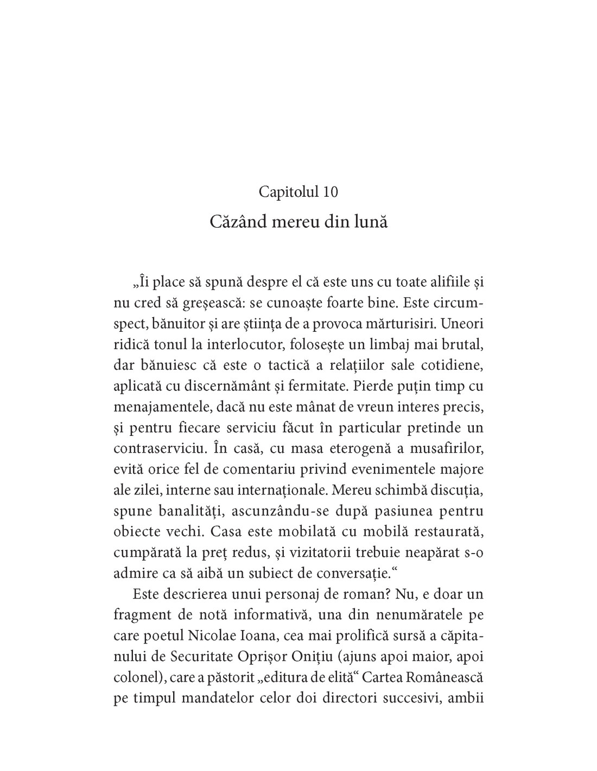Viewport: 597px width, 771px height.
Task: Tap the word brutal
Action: pos(461,344)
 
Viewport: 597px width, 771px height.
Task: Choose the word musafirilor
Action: pos(444,448)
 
